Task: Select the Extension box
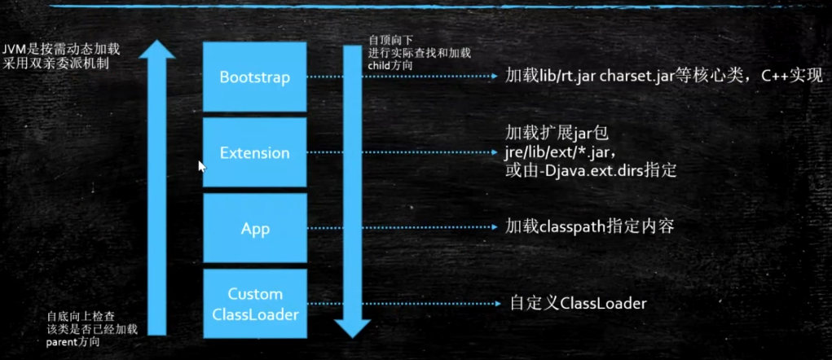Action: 254,152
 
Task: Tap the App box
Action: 254,229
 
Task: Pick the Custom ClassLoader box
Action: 254,303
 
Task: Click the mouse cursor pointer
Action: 201,165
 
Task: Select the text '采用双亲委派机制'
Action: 55,63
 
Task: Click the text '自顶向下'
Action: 385,40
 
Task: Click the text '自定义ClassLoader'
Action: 579,303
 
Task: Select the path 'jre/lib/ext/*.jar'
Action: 559,152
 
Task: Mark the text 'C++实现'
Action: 792,77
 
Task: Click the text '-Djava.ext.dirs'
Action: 587,171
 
